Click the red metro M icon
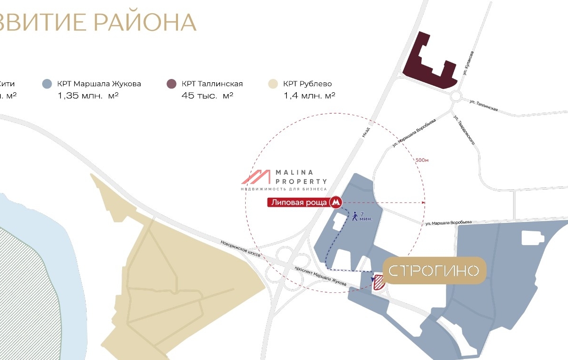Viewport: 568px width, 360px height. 336,202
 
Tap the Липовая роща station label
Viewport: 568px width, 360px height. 299,202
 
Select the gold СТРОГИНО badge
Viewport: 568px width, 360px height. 435,271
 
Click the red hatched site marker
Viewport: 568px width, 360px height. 379,282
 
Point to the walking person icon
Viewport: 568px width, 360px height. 355,217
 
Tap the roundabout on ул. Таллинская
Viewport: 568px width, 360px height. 456,97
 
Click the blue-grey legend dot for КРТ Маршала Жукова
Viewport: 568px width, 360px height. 46,84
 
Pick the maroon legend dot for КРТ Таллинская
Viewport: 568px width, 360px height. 171,84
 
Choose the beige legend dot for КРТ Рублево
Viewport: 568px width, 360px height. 273,84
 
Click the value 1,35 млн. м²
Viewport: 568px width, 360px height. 88,96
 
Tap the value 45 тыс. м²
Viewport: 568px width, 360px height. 207,96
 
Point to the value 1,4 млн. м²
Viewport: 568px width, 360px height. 310,96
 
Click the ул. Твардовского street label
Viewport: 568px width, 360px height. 464,130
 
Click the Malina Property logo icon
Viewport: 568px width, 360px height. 256,177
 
